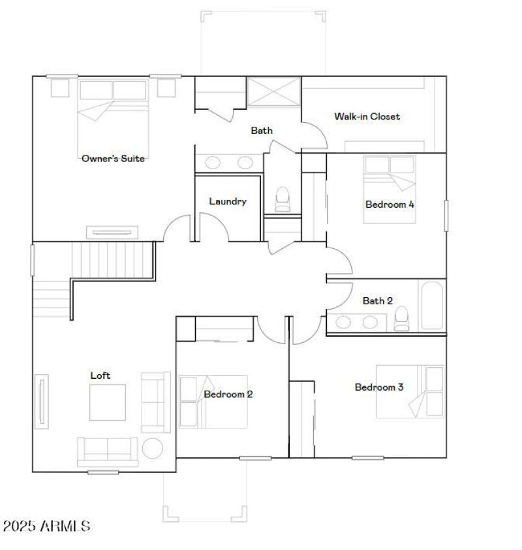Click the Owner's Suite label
pyautogui.click(x=113, y=158)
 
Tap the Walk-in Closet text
pyautogui.click(x=367, y=116)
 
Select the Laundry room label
pyautogui.click(x=228, y=201)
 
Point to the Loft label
pyautogui.click(x=100, y=375)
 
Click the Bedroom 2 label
pyautogui.click(x=228, y=394)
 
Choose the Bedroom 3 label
pyautogui.click(x=378, y=387)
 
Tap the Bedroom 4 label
pyautogui.click(x=390, y=204)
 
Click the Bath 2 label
pyautogui.click(x=377, y=300)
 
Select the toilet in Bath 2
pyautogui.click(x=401, y=318)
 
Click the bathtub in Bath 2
pyautogui.click(x=433, y=305)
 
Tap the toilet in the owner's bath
pyautogui.click(x=283, y=199)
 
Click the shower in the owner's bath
pyautogui.click(x=273, y=90)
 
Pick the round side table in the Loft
pyautogui.click(x=153, y=449)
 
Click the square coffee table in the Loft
pyautogui.click(x=108, y=402)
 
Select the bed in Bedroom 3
pyautogui.click(x=410, y=391)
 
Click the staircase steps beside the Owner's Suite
pyautogui.click(x=111, y=259)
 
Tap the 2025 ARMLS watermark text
pyautogui.click(x=46, y=526)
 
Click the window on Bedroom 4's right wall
pyautogui.click(x=446, y=215)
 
